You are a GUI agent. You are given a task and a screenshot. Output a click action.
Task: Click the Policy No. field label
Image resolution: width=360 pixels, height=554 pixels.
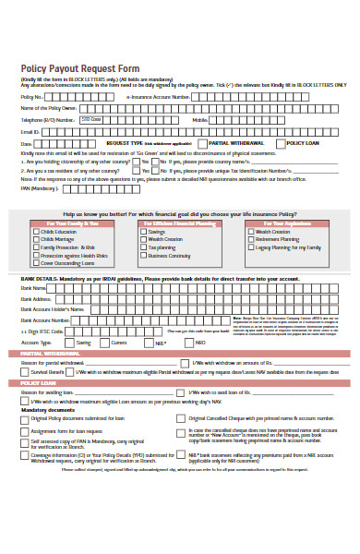click(x=31, y=96)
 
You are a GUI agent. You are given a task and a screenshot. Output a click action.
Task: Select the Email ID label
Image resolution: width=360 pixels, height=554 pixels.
click(x=30, y=132)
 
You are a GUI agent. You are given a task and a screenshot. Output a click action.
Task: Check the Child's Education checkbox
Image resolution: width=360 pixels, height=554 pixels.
click(x=35, y=232)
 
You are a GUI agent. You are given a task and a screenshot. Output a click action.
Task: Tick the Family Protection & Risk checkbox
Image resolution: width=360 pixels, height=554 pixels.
click(x=35, y=247)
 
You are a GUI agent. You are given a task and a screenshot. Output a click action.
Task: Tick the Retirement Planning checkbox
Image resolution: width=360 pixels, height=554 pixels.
click(x=251, y=239)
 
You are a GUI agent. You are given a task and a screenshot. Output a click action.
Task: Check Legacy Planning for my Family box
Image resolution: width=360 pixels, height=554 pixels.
click(x=251, y=247)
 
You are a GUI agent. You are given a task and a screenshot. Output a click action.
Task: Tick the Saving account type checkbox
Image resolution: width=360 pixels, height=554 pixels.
click(x=71, y=342)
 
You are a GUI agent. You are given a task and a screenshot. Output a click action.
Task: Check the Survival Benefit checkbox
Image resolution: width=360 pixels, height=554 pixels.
click(x=24, y=371)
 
